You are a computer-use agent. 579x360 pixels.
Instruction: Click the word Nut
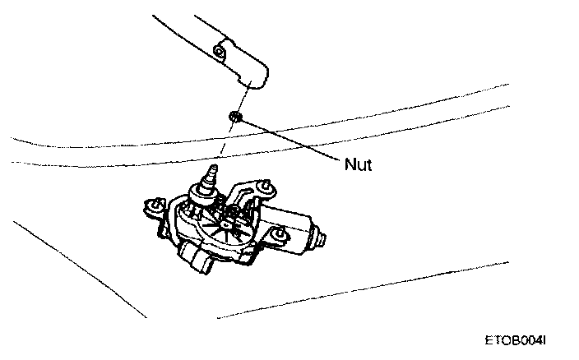[x=359, y=164]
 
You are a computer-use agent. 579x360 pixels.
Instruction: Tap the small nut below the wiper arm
[x=234, y=118]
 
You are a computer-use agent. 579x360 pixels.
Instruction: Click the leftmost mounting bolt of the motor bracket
[x=151, y=205]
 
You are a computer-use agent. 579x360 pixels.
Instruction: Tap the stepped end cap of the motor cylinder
[x=319, y=239]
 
